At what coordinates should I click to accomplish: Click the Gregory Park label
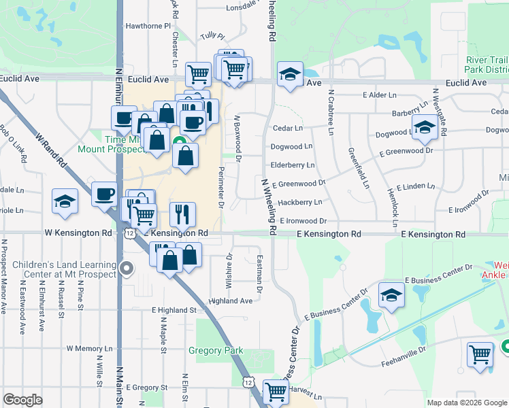[x=216, y=351]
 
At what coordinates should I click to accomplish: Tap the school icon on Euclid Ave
[x=291, y=75]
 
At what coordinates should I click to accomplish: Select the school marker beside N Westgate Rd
[x=425, y=127]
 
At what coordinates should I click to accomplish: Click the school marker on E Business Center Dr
[x=392, y=295]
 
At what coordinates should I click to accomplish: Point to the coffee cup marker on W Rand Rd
[x=104, y=194]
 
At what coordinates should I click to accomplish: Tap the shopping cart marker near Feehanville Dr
[x=480, y=354]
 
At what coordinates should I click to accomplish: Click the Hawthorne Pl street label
[x=148, y=26]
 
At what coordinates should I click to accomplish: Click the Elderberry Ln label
[x=292, y=165]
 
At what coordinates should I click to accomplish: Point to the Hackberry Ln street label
[x=299, y=202]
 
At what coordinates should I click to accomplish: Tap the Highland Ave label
[x=231, y=301]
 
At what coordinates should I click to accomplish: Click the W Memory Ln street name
[x=89, y=348]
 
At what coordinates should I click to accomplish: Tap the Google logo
[x=22, y=400]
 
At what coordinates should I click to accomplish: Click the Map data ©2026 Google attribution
[x=466, y=403]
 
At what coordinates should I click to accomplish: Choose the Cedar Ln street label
[x=287, y=128]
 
